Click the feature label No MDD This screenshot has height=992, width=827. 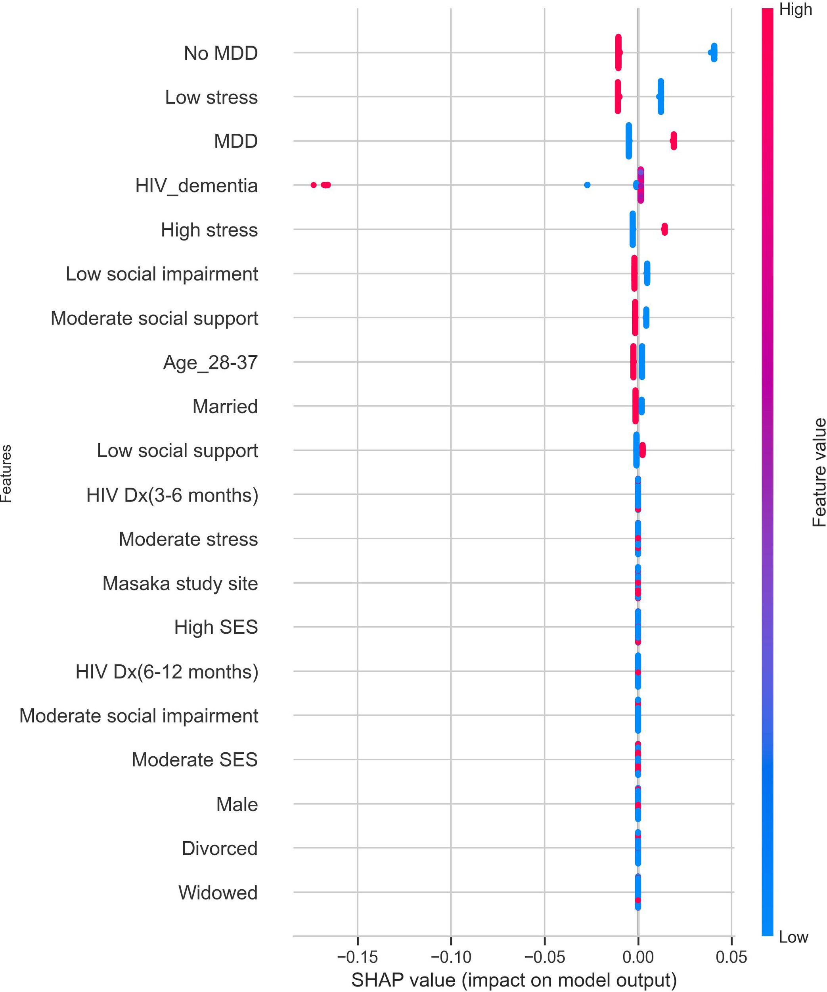[x=220, y=54]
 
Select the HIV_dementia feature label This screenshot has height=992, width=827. [x=196, y=186]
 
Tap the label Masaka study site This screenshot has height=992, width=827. [x=180, y=583]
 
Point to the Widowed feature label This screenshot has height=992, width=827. [x=218, y=893]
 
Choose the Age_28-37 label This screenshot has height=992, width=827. [x=210, y=362]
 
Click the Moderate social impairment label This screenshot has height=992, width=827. [x=139, y=716]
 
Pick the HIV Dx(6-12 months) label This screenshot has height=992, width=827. [x=167, y=672]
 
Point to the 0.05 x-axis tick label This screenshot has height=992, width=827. [x=731, y=957]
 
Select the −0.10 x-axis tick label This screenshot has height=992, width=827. [x=451, y=957]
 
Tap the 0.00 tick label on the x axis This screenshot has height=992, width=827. [x=638, y=957]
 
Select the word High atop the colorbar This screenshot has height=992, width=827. [x=795, y=10]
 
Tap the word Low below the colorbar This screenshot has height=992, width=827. [x=793, y=937]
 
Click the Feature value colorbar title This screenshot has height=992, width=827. [x=819, y=472]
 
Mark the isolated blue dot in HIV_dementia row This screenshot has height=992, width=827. [x=587, y=185]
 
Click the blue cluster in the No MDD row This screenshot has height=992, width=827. [x=714, y=52]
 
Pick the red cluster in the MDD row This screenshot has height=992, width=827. [x=674, y=141]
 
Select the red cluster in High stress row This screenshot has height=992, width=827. [x=664, y=229]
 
